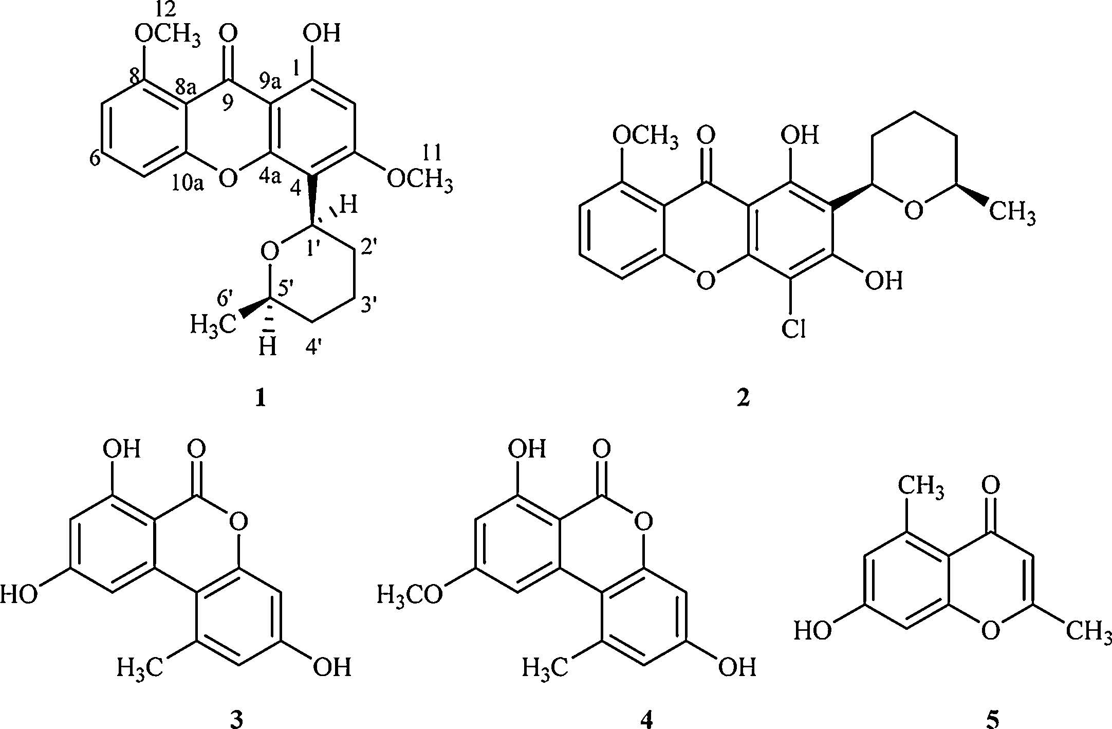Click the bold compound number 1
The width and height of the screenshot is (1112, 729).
coord(260,398)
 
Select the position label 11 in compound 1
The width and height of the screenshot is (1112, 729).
coord(432,153)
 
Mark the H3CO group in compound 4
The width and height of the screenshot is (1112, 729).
coord(410,595)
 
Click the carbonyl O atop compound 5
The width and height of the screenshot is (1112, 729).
coord(991,485)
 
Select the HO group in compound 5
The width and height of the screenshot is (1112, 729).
coord(813,630)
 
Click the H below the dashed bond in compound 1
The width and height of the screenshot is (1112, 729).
coord(267,347)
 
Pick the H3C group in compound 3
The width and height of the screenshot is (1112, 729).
coord(140,668)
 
